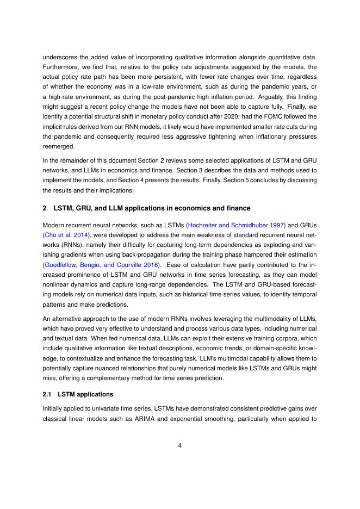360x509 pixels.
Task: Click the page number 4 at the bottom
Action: point(179,445)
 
